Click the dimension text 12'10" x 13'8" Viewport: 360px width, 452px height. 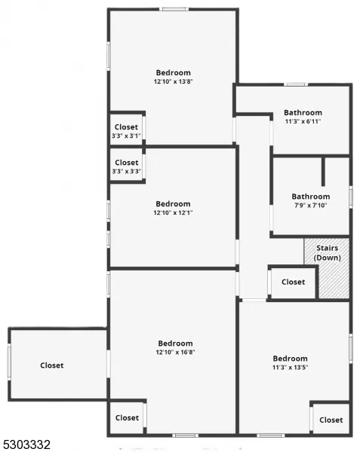(x=174, y=81)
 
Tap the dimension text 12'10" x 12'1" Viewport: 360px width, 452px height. (x=174, y=212)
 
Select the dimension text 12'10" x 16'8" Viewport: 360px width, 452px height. (x=176, y=353)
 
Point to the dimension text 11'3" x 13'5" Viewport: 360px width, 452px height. (x=290, y=368)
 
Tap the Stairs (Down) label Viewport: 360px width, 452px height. (x=327, y=253)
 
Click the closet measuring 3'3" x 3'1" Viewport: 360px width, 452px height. (x=126, y=130)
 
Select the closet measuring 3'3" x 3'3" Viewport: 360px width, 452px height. (x=127, y=166)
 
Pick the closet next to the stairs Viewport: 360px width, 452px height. (x=293, y=282)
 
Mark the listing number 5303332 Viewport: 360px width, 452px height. (x=26, y=444)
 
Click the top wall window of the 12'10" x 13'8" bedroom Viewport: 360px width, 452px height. (x=174, y=9)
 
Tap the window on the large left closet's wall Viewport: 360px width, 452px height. (x=9, y=362)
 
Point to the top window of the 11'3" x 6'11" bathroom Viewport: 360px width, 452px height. (x=296, y=84)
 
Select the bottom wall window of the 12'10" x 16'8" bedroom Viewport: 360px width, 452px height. (x=186, y=435)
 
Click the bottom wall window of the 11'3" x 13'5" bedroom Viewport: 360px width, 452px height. (x=270, y=435)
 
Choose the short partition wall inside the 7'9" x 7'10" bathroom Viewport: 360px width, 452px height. (x=323, y=172)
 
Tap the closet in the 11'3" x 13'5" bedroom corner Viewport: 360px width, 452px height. (x=331, y=419)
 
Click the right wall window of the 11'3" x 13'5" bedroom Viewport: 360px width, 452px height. (x=351, y=349)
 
